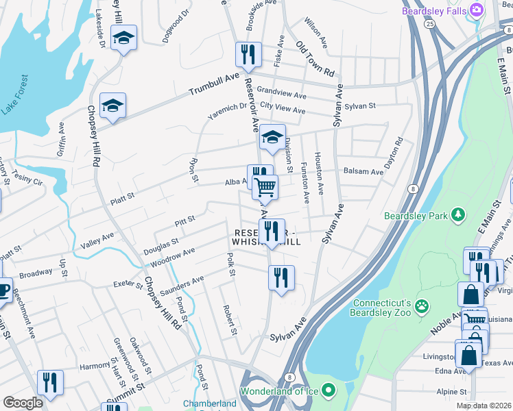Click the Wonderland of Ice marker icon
point(329,391)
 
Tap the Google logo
point(23,403)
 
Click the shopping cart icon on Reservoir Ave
point(265,186)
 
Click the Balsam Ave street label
point(363,171)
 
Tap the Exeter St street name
point(128,282)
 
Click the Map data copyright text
point(484,406)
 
